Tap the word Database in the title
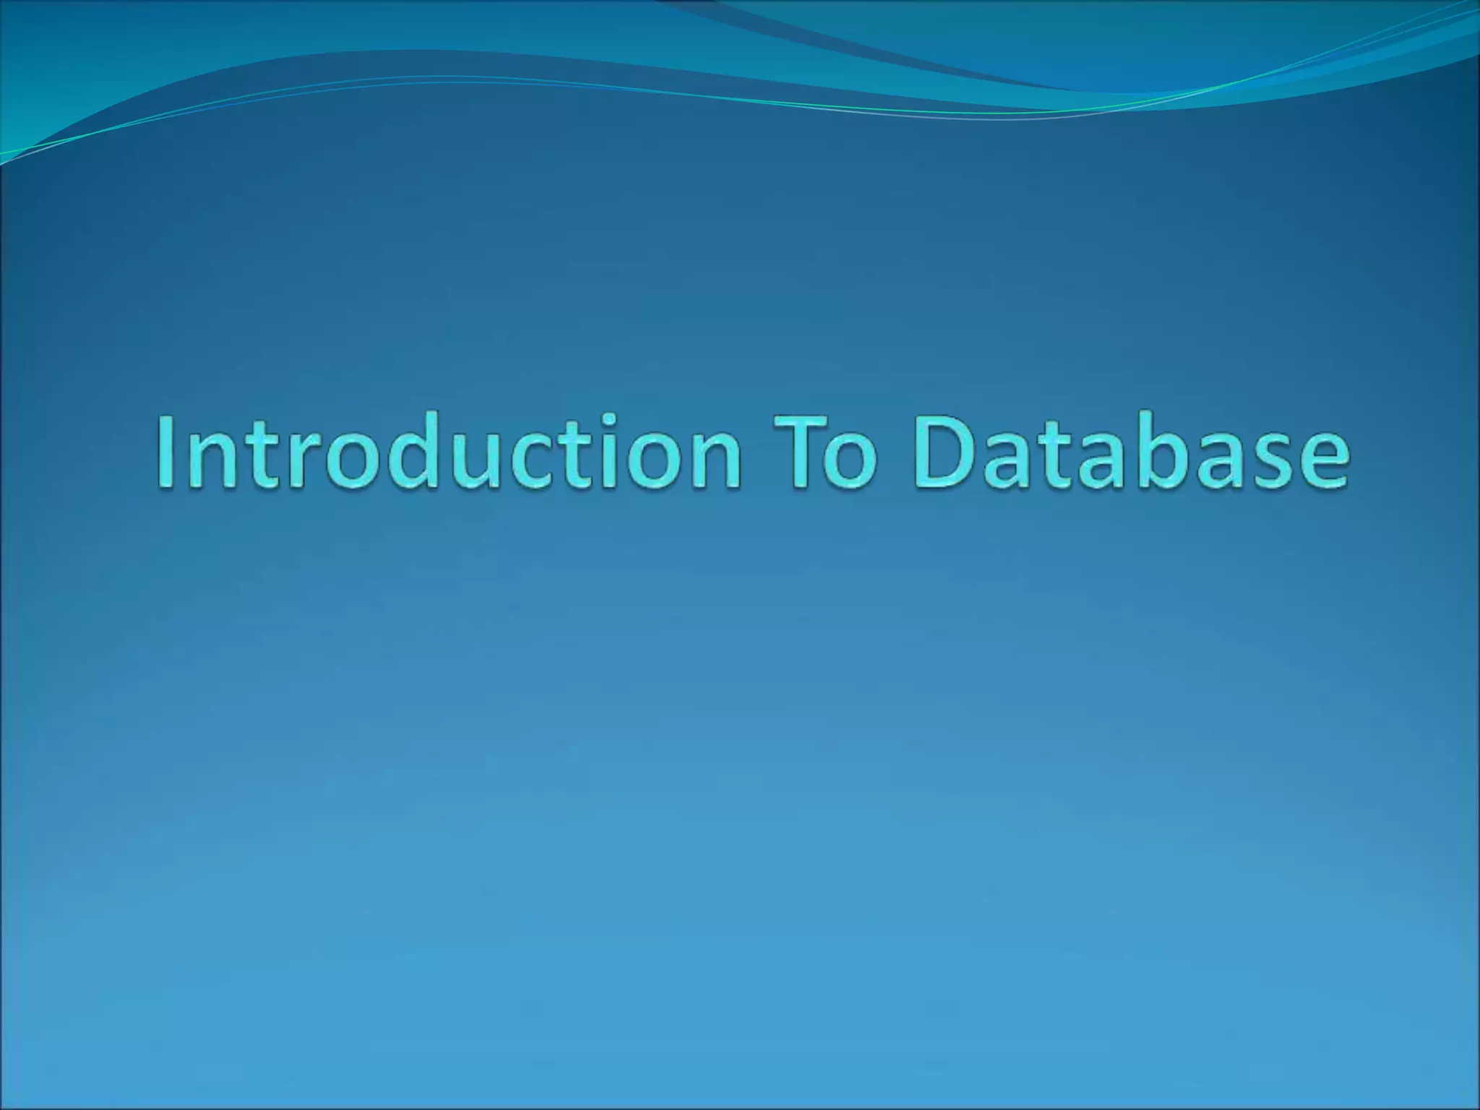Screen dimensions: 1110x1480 (1132, 452)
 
